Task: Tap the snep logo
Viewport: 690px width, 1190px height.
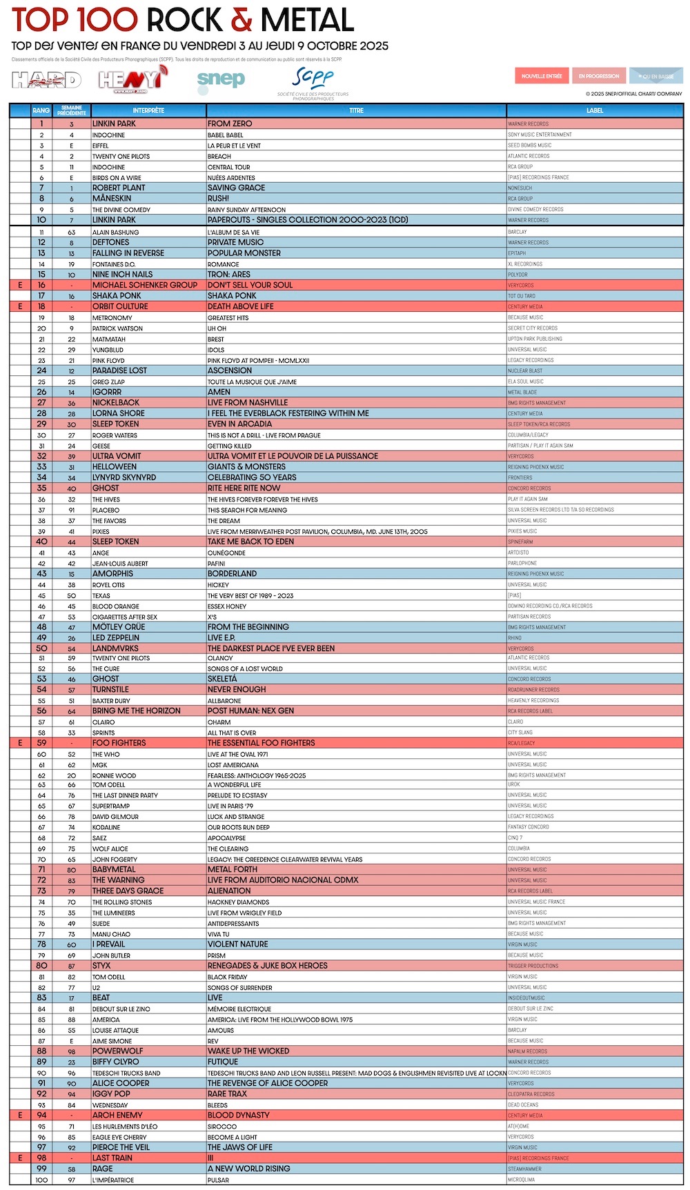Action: coord(221,80)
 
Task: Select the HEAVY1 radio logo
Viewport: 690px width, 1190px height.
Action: coord(130,80)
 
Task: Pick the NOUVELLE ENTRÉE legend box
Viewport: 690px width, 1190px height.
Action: coord(542,76)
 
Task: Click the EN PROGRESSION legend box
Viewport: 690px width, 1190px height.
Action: coord(599,76)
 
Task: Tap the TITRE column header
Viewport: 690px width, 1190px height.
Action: coord(356,110)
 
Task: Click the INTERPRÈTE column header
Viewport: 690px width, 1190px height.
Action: coord(148,110)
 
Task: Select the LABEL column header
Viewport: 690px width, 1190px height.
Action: coord(595,110)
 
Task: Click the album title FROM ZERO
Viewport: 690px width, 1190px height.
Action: coord(230,123)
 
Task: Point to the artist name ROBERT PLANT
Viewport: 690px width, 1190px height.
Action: coord(119,188)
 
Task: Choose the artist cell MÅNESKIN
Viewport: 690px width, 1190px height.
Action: coord(112,199)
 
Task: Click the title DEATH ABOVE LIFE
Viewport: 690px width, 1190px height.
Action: coord(240,306)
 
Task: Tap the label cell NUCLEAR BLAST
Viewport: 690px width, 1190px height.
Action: coord(526,371)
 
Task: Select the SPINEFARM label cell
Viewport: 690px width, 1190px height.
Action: coord(520,542)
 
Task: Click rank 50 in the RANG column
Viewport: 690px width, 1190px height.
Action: coord(41,648)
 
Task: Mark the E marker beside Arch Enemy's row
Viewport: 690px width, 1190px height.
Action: coord(20,1115)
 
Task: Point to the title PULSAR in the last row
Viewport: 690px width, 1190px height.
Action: coord(218,1180)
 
